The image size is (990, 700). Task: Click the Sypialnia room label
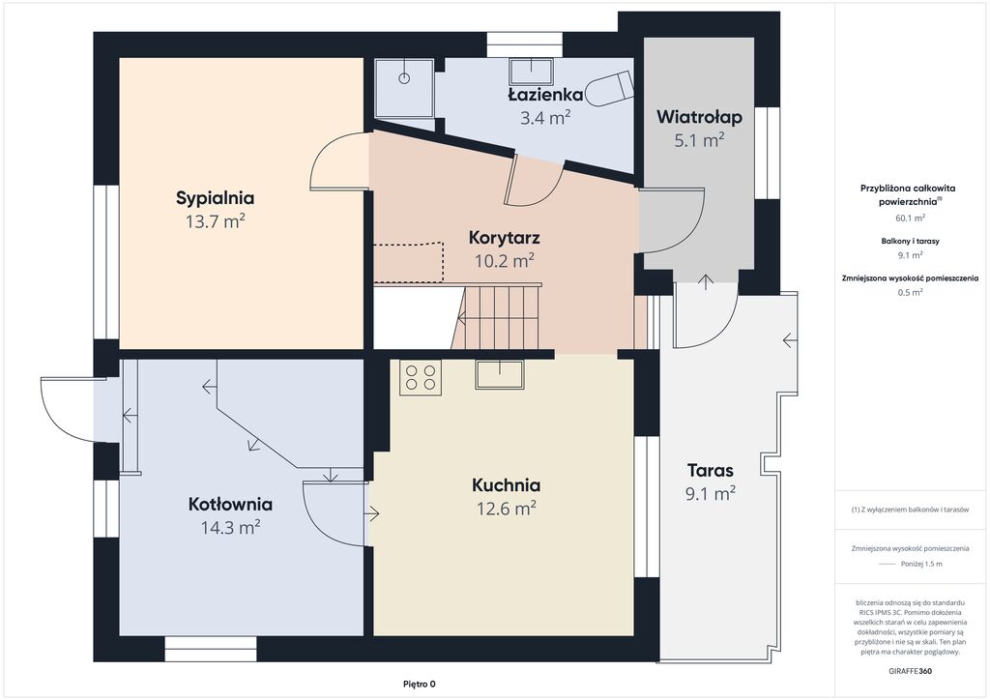pos(216,198)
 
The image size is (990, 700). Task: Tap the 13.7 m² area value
pos(216,220)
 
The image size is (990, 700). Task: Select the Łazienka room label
pos(545,95)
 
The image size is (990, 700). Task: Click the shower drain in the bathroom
pos(404,78)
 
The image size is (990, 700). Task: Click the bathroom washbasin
pos(532,72)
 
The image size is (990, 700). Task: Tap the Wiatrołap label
pos(699,117)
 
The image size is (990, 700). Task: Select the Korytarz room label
pos(505,238)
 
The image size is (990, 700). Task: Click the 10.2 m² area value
pos(505,260)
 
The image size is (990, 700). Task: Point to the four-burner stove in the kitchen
pos(421,377)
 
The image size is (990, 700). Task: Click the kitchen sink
pos(500,374)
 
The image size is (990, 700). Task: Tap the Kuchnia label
pos(507,485)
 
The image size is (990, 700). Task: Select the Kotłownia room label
pos(230,505)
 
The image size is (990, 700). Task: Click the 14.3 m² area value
pos(230,527)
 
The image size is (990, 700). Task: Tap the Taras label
pos(711,470)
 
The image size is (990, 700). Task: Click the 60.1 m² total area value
pos(910,219)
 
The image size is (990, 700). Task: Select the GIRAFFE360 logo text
pos(910,671)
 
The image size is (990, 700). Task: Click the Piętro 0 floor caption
pos(420,685)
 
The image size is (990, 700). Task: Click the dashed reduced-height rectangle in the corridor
pos(409,262)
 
